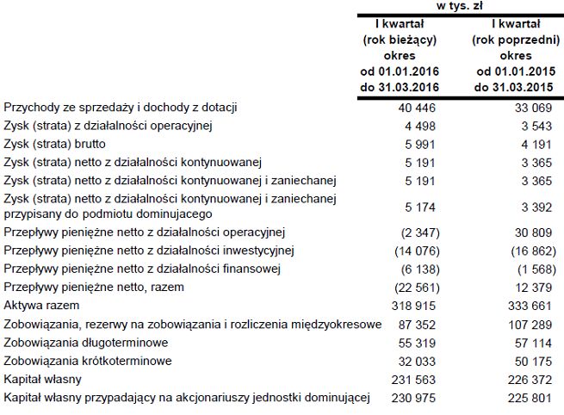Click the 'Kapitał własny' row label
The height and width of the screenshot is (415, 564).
click(x=42, y=378)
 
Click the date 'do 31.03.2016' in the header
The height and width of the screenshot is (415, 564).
click(x=399, y=87)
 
